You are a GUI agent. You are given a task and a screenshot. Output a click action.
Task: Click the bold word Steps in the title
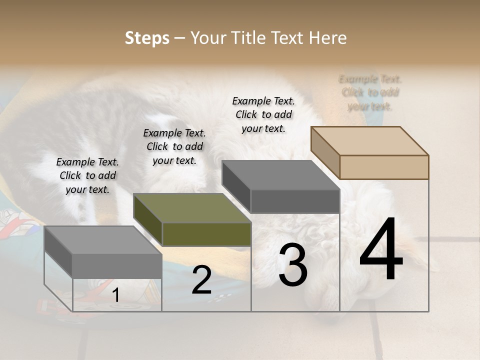click(x=147, y=38)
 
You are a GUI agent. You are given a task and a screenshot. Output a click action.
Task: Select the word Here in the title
click(x=328, y=38)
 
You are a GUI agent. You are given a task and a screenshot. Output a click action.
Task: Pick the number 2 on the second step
click(x=201, y=280)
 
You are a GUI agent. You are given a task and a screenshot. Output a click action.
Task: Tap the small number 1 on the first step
click(x=115, y=295)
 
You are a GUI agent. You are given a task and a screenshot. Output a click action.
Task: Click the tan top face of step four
click(x=370, y=140)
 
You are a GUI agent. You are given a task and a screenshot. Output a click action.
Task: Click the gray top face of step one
click(x=103, y=239)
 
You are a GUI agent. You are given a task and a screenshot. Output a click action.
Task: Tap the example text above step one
click(x=87, y=175)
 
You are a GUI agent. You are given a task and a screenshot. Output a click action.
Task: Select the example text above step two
click(x=174, y=146)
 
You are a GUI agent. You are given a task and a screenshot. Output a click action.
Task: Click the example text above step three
click(x=263, y=114)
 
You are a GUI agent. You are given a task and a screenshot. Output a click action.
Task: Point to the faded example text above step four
click(x=370, y=92)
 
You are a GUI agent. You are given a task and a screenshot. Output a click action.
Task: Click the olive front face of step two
click(x=206, y=234)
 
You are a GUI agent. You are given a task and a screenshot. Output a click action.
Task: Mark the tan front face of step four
click(x=384, y=167)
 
